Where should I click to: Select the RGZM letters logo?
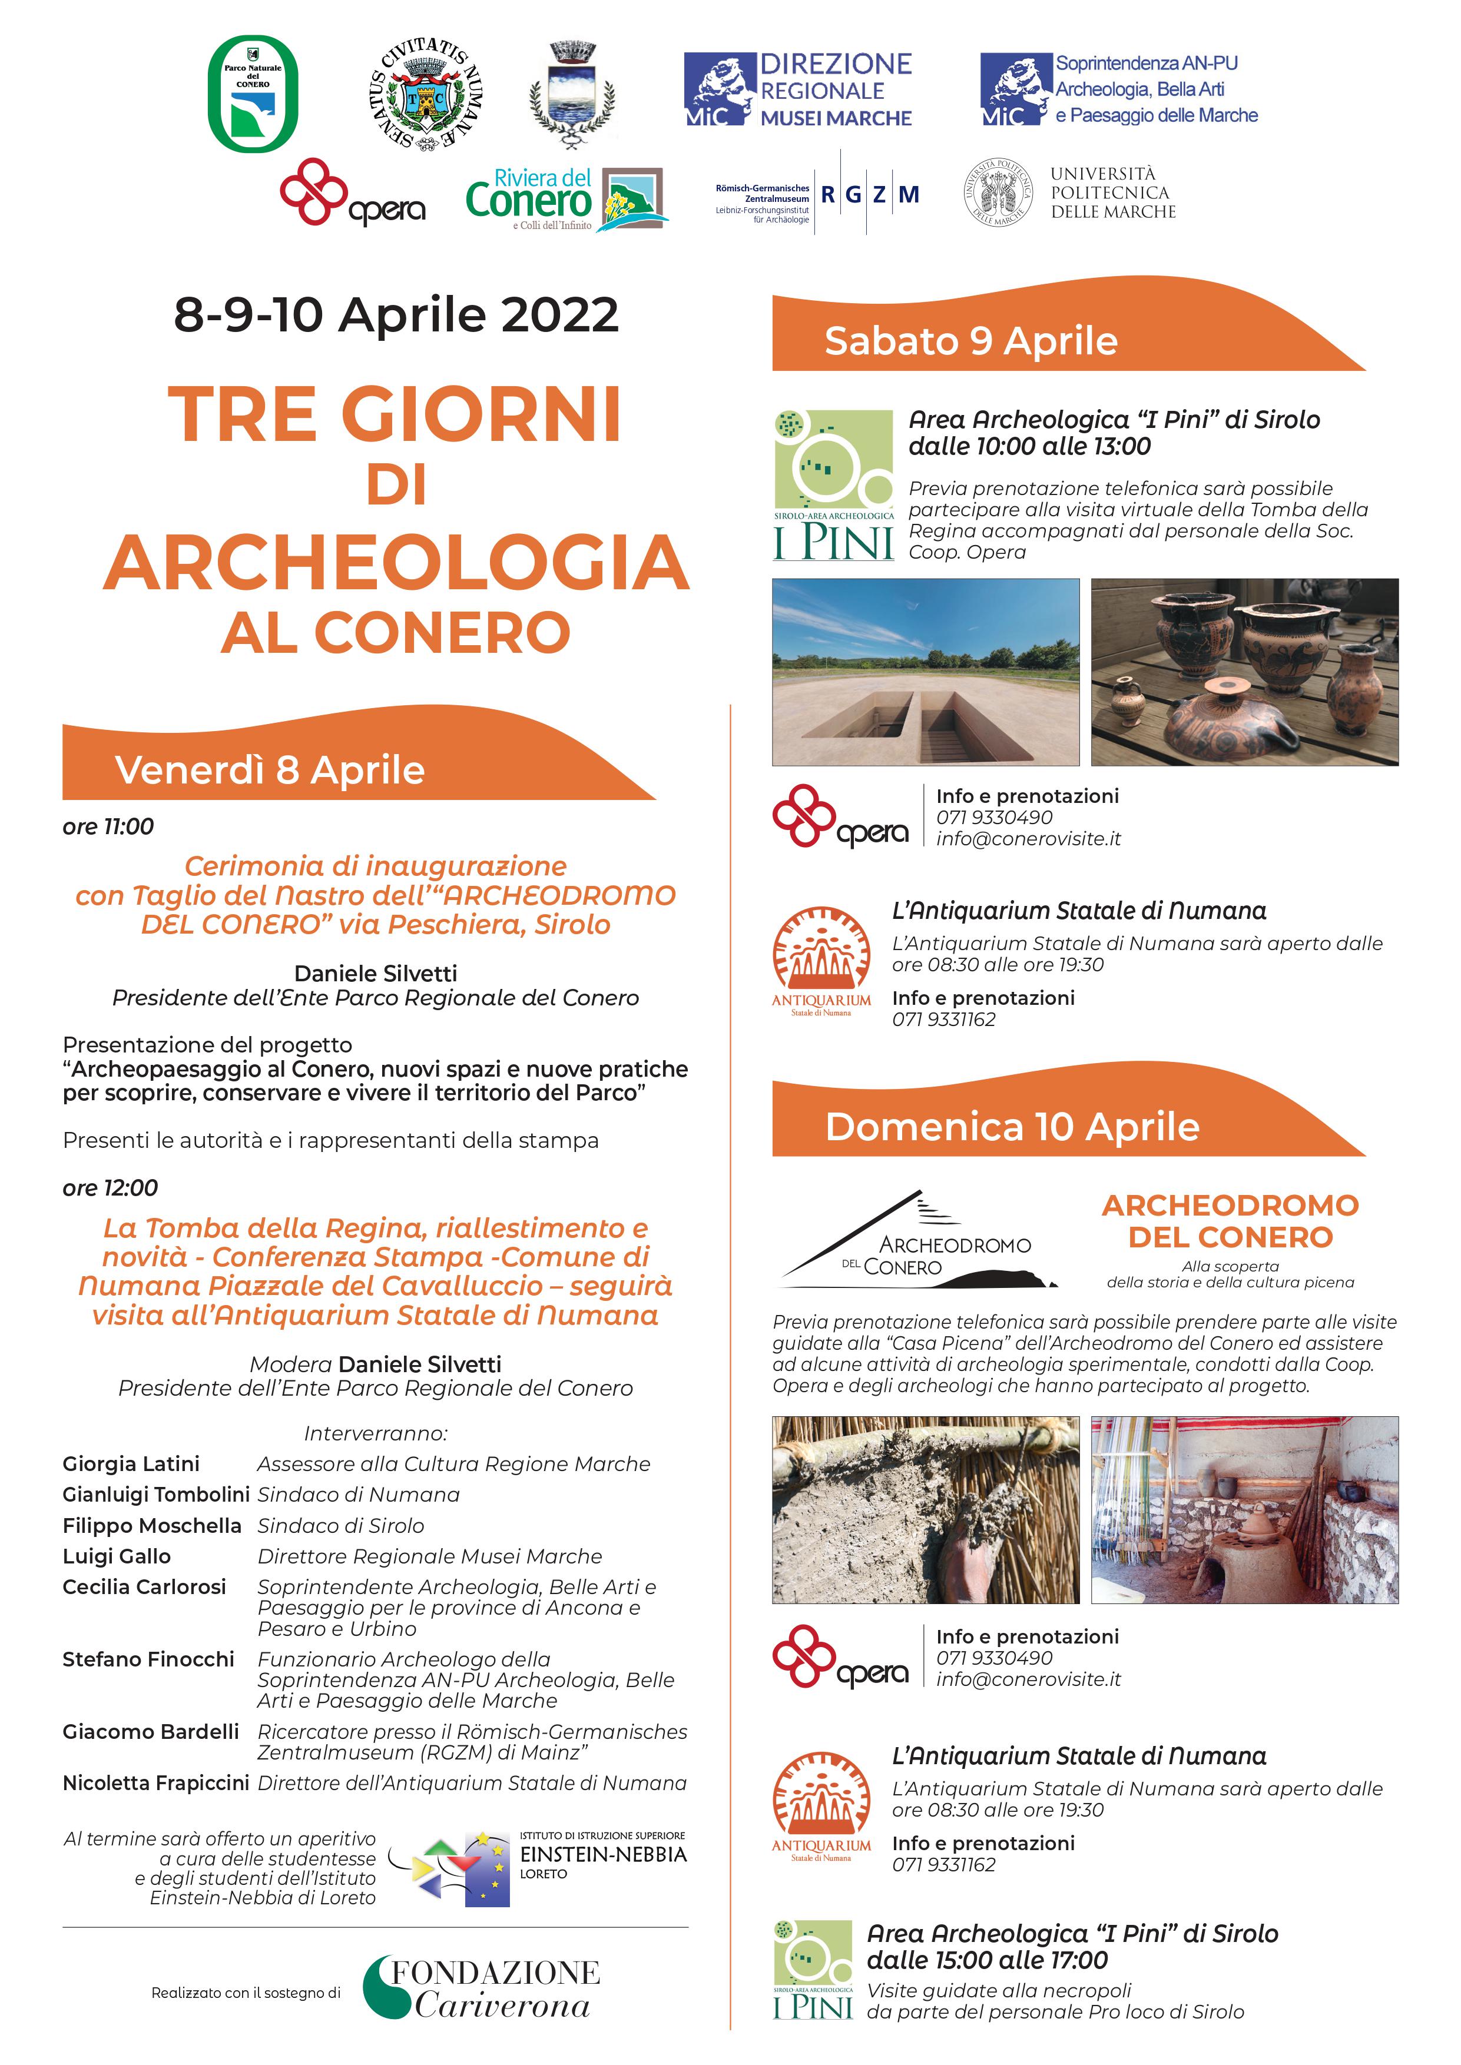(x=869, y=194)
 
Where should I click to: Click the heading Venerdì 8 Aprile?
(x=270, y=771)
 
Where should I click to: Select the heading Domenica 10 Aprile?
(x=1012, y=1127)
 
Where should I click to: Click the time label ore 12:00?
(x=110, y=1188)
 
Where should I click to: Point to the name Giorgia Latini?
(x=131, y=1463)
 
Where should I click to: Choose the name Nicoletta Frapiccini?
(x=155, y=1782)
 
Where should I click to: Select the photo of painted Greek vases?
(x=1244, y=672)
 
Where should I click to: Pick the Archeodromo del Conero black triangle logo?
(x=917, y=1240)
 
